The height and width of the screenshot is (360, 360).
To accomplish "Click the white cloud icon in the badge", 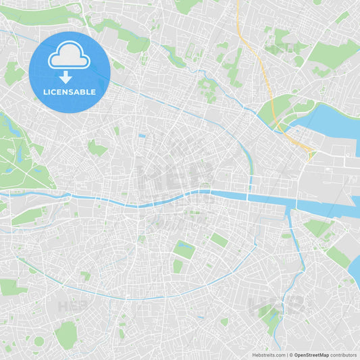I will [x=69, y=55].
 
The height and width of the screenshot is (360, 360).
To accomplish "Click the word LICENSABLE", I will [x=69, y=91].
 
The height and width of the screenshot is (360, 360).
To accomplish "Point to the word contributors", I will [x=343, y=355].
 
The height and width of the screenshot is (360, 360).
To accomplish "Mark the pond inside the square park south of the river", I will [x=184, y=249].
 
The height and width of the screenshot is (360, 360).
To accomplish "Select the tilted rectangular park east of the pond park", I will [x=218, y=240].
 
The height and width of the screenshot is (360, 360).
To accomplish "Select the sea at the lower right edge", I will [x=354, y=267].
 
